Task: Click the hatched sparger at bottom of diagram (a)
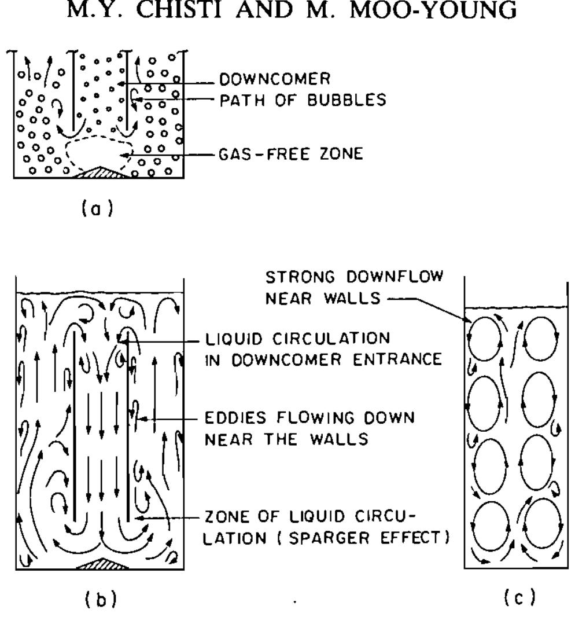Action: [x=98, y=172]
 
